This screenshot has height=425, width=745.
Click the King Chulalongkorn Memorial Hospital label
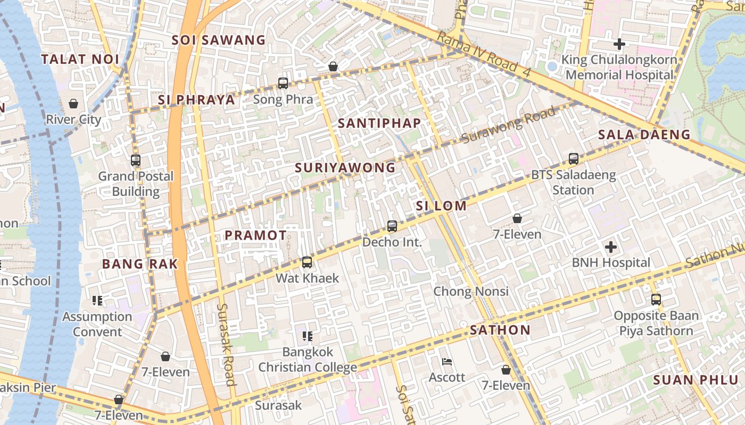(x=619, y=67)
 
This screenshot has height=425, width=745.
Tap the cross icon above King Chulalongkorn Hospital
(x=619, y=44)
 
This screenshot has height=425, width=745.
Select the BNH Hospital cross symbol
(x=611, y=247)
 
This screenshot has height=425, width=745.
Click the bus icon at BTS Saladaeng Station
(x=573, y=159)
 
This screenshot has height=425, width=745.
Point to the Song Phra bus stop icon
(x=283, y=83)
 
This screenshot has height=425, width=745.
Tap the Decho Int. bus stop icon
(x=392, y=226)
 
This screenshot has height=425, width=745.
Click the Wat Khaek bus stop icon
(x=307, y=262)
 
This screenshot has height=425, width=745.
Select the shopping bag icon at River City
(x=73, y=104)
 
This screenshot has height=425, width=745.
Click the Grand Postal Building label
(x=136, y=184)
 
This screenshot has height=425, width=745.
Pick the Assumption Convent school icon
(x=97, y=301)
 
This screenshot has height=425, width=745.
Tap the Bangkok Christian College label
(x=308, y=360)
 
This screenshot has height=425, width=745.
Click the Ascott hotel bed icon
(x=447, y=362)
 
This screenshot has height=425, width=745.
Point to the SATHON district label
(x=500, y=330)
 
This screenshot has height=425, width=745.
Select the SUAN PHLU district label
(x=696, y=380)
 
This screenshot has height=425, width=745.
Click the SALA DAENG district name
(x=644, y=134)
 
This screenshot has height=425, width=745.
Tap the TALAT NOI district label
(x=80, y=59)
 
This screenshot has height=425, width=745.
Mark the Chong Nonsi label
(x=471, y=291)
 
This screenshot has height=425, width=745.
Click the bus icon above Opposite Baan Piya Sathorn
(x=656, y=300)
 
